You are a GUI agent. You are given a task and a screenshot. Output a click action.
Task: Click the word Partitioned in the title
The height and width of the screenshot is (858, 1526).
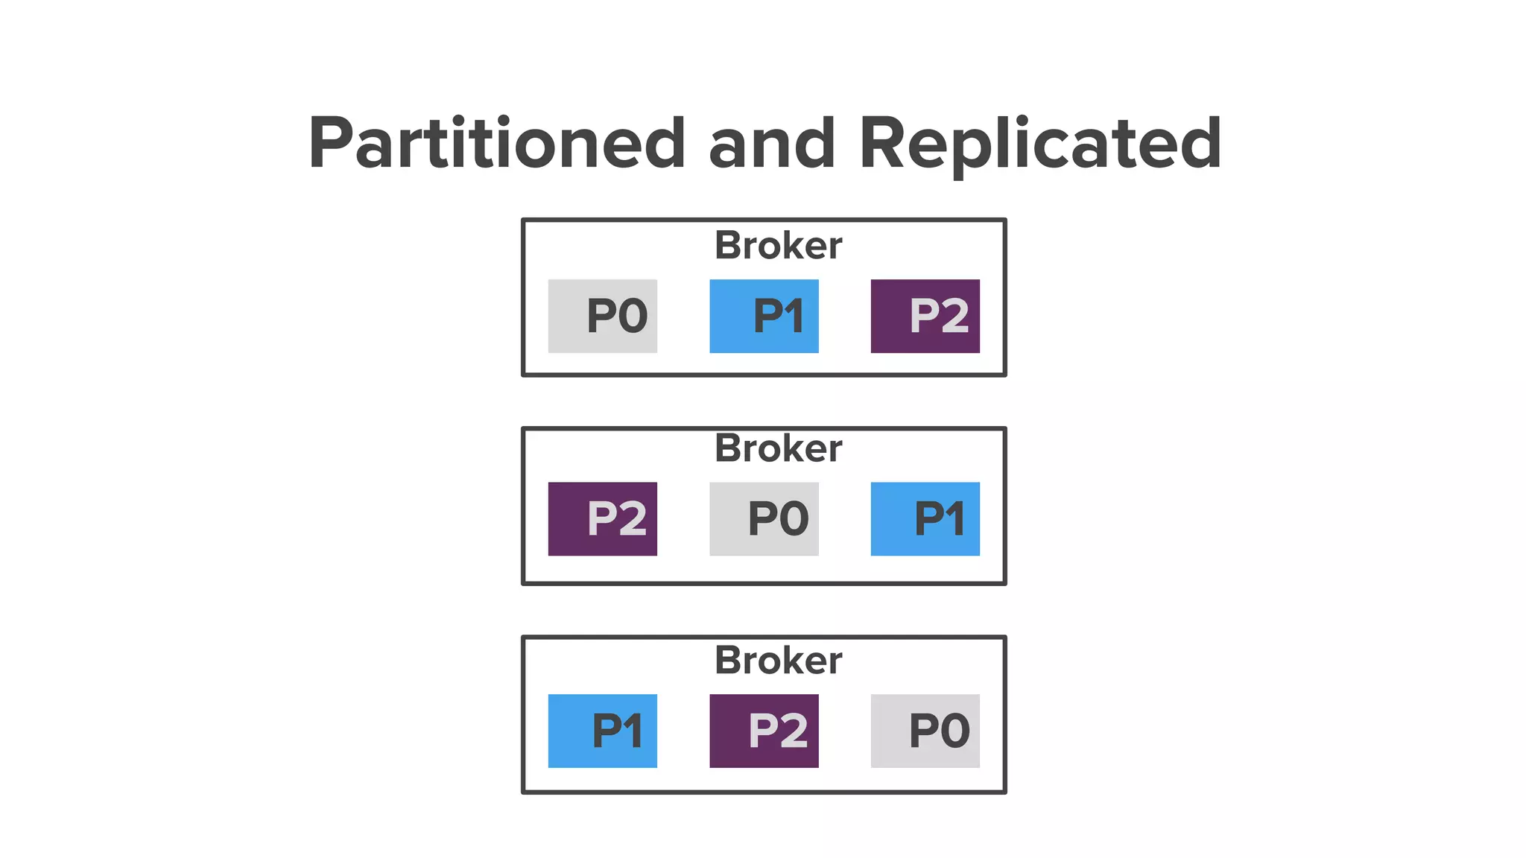[x=496, y=143]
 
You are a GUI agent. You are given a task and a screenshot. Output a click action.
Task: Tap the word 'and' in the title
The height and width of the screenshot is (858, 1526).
[x=771, y=143]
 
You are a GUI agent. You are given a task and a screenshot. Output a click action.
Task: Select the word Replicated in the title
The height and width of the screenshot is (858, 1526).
[x=1039, y=143]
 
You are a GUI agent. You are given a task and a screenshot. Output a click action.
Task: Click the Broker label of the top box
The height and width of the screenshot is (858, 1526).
[x=778, y=246]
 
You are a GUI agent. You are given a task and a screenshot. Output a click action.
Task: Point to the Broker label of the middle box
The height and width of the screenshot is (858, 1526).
[x=778, y=448]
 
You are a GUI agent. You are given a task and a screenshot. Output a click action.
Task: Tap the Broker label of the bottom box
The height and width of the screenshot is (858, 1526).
[x=778, y=661]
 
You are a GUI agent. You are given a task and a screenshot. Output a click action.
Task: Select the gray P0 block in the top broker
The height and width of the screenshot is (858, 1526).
[x=603, y=316]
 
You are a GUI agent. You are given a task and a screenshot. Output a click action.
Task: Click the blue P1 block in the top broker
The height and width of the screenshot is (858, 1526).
[x=764, y=316]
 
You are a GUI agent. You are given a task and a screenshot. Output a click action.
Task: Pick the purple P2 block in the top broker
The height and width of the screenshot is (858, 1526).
[x=925, y=316]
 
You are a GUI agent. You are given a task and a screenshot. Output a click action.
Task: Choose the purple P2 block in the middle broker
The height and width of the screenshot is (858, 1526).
[x=603, y=518]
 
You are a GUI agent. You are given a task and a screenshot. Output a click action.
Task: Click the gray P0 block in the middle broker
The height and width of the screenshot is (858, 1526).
[x=764, y=518]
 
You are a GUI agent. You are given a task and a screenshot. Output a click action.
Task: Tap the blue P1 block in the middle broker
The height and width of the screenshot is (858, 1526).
[x=925, y=518]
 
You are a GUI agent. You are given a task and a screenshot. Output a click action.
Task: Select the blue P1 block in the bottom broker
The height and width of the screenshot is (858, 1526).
[x=603, y=731]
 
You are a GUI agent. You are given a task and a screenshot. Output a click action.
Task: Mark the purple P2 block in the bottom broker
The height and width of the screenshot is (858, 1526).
[x=764, y=731]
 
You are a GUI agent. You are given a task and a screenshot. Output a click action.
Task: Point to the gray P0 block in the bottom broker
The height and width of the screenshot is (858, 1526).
[x=925, y=731]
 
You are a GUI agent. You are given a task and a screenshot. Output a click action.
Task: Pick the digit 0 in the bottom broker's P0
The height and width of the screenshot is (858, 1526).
[x=954, y=731]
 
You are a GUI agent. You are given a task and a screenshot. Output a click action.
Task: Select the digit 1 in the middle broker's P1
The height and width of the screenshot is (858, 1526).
[x=954, y=519]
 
